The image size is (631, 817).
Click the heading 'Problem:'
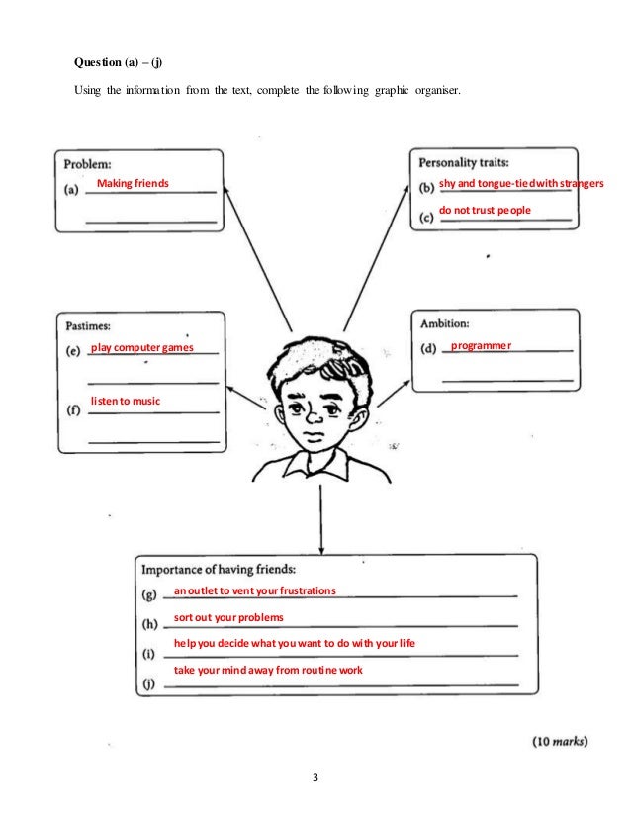88,164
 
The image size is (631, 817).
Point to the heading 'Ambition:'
445,322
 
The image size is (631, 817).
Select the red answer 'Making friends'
132,184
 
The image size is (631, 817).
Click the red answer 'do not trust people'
485,211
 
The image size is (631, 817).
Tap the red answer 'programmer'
481,346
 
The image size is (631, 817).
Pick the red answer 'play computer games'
141,348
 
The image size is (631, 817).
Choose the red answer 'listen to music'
125,401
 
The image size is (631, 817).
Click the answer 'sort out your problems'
228,617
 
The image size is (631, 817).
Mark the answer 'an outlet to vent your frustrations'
255,591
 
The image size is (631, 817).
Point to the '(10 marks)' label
561,740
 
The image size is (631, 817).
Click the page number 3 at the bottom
315,774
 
